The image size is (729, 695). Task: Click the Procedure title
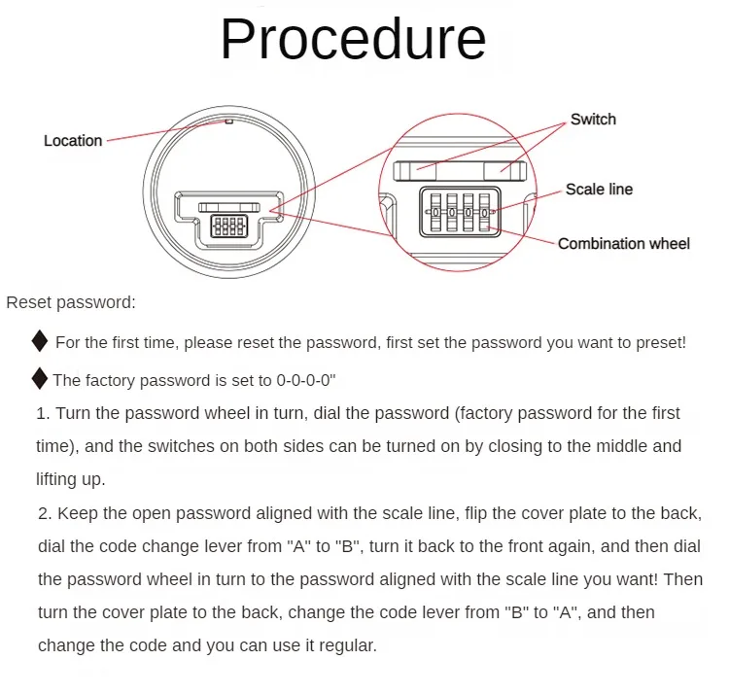tap(353, 40)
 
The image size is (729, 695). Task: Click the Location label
tap(73, 141)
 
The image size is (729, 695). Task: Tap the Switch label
tap(593, 120)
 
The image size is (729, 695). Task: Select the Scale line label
tap(599, 190)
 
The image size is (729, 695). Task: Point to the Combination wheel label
tap(623, 243)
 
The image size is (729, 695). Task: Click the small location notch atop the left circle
tap(228, 122)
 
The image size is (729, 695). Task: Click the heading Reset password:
tap(71, 302)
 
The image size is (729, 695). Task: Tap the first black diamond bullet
tap(40, 341)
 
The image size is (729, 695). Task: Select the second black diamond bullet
tap(40, 378)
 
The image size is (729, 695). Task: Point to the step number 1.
tap(42, 413)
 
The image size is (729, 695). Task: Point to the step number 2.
tap(44, 513)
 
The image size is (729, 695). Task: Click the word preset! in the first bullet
tap(660, 342)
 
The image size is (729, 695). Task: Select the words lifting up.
tap(71, 480)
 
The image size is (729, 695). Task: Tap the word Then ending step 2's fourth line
tap(682, 579)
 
